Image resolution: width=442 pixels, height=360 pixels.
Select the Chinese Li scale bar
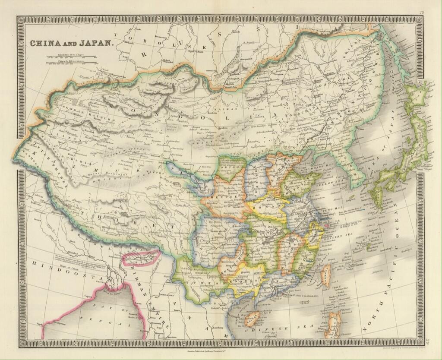click(71, 63)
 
